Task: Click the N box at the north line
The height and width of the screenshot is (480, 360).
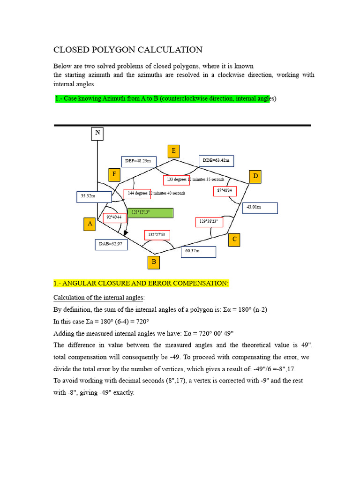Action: click(97, 133)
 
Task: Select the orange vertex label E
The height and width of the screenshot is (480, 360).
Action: click(174, 151)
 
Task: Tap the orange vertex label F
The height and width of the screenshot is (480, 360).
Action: click(113, 175)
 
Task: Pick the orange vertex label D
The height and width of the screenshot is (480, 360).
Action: click(255, 177)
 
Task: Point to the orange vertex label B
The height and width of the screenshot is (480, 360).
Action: click(154, 262)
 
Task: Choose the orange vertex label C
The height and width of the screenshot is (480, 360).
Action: click(235, 240)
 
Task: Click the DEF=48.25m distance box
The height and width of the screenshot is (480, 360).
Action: click(138, 161)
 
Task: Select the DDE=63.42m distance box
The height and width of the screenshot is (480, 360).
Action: click(216, 161)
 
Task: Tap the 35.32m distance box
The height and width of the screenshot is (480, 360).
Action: click(94, 196)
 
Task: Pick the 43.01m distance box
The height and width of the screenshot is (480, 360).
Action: click(260, 208)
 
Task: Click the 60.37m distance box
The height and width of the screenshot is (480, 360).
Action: click(198, 252)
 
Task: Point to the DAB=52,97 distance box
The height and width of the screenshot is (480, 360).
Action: click(111, 244)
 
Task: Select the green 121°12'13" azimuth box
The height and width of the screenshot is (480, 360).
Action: click(150, 213)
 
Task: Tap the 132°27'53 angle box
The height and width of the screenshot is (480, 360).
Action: click(157, 235)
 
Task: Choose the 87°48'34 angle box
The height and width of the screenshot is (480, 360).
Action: click(225, 191)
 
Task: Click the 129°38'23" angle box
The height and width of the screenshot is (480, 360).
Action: click(209, 221)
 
